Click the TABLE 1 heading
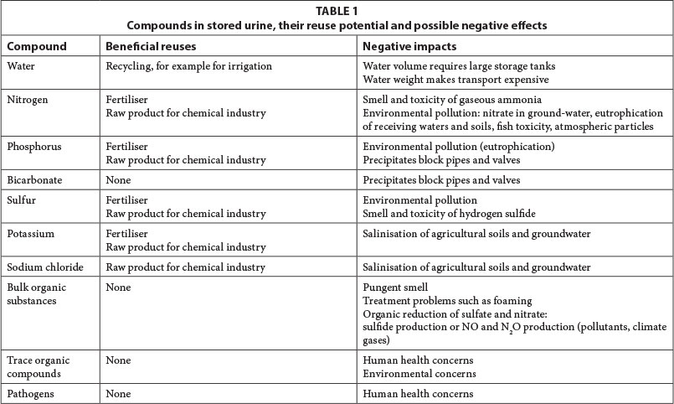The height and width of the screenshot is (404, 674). (x=337, y=12)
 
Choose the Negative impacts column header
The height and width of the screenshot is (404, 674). (x=409, y=47)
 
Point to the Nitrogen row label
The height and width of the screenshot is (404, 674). (x=27, y=99)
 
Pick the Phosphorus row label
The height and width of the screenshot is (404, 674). (x=33, y=145)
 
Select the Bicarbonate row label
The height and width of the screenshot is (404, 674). (x=33, y=179)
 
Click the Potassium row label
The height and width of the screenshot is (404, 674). (x=30, y=233)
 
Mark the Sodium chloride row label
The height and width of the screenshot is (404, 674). (x=44, y=267)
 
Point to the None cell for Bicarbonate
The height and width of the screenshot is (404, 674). (x=119, y=179)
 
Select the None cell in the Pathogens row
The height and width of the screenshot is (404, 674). (x=119, y=393)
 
